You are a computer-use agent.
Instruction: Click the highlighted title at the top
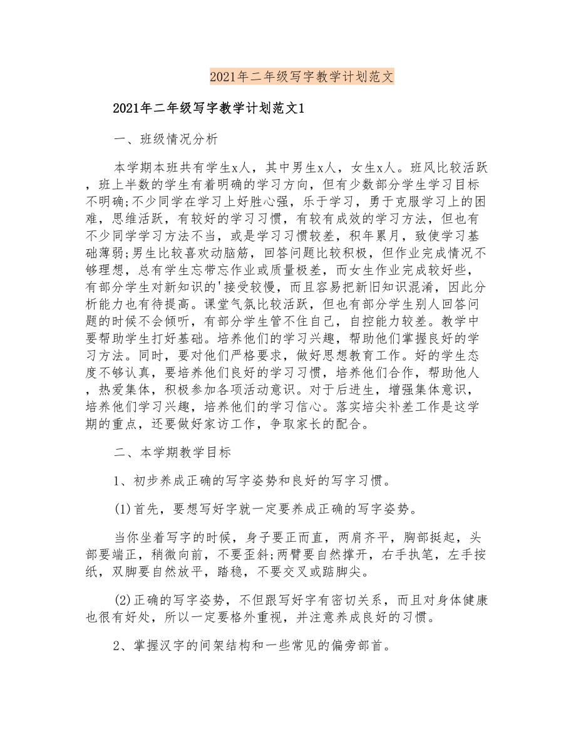coord(301,77)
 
